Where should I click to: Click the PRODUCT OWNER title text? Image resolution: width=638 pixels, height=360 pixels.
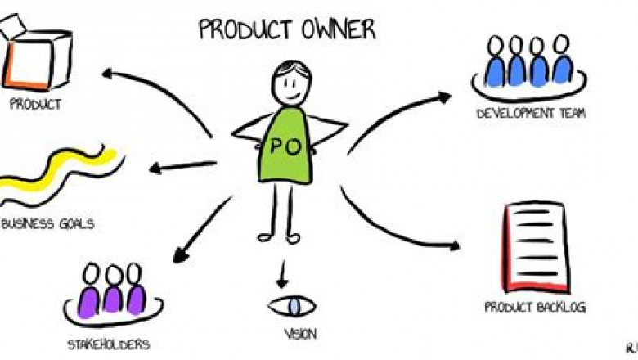(x=287, y=29)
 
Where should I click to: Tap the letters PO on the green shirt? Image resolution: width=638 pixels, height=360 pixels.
(x=285, y=146)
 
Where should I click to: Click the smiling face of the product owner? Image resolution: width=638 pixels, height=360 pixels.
(x=291, y=84)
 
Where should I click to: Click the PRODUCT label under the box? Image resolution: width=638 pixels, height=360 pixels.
(x=35, y=104)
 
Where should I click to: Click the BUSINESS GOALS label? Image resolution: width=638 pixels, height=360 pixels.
(x=47, y=223)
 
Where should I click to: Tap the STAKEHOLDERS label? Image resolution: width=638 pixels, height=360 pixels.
(x=109, y=344)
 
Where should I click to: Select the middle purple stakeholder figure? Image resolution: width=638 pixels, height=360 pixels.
(x=114, y=290)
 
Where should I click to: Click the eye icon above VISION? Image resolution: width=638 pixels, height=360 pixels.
(x=292, y=306)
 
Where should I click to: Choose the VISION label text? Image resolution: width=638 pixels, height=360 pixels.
(x=300, y=334)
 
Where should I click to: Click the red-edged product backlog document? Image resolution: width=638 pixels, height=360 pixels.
(x=536, y=247)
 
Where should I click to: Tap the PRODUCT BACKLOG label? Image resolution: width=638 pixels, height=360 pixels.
(x=535, y=307)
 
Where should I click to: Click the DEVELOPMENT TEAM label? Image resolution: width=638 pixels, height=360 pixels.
(x=531, y=113)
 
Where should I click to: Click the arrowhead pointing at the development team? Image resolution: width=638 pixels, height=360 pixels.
(x=444, y=97)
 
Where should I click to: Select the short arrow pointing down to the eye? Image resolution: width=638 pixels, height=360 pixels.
(x=283, y=275)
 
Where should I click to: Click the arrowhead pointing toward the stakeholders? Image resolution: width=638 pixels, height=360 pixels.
(x=180, y=255)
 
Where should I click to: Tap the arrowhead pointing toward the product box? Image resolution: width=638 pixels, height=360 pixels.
(x=108, y=73)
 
